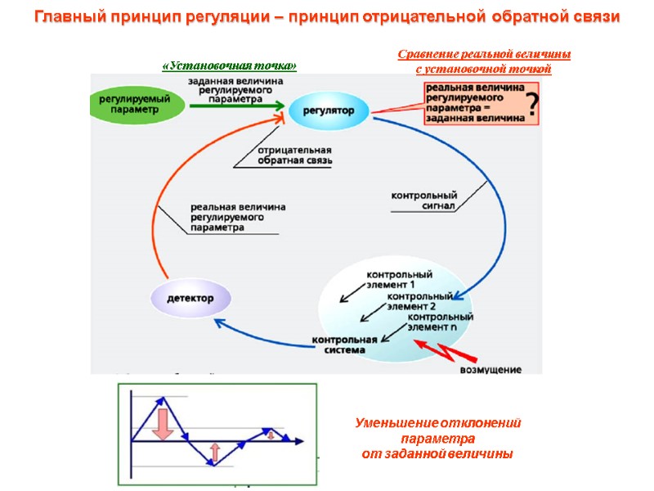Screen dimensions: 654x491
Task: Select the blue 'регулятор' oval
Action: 328,110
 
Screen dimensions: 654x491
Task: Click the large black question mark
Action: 532,106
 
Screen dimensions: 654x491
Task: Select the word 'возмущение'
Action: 490,370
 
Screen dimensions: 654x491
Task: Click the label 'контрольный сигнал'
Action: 423,201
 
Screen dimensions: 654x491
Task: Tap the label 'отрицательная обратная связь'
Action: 294,156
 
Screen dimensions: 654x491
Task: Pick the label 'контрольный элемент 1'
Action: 399,279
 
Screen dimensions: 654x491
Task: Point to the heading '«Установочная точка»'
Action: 229,65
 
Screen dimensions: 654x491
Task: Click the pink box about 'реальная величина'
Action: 474,102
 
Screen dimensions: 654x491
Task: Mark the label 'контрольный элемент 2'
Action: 419,300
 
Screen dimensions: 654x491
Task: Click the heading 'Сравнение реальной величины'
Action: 484,55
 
